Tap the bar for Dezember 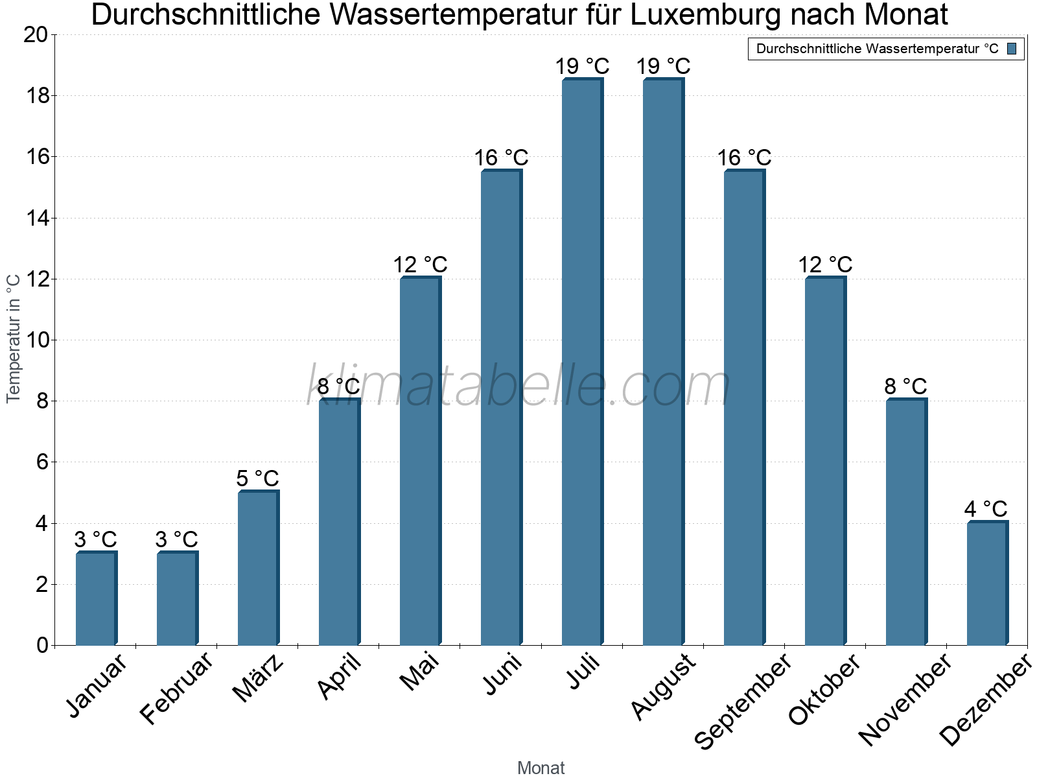pyautogui.click(x=987, y=583)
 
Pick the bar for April pyautogui.click(x=339, y=522)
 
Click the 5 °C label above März pyautogui.click(x=257, y=479)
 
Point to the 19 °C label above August pyautogui.click(x=663, y=66)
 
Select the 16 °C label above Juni pyautogui.click(x=501, y=158)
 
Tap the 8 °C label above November pyautogui.click(x=905, y=387)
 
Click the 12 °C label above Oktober pyautogui.click(x=824, y=265)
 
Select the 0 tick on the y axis pyautogui.click(x=43, y=645)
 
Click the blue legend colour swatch pyautogui.click(x=1012, y=49)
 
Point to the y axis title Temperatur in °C pyautogui.click(x=14, y=338)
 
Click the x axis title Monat pyautogui.click(x=541, y=768)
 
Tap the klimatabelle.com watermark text pyautogui.click(x=518, y=386)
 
